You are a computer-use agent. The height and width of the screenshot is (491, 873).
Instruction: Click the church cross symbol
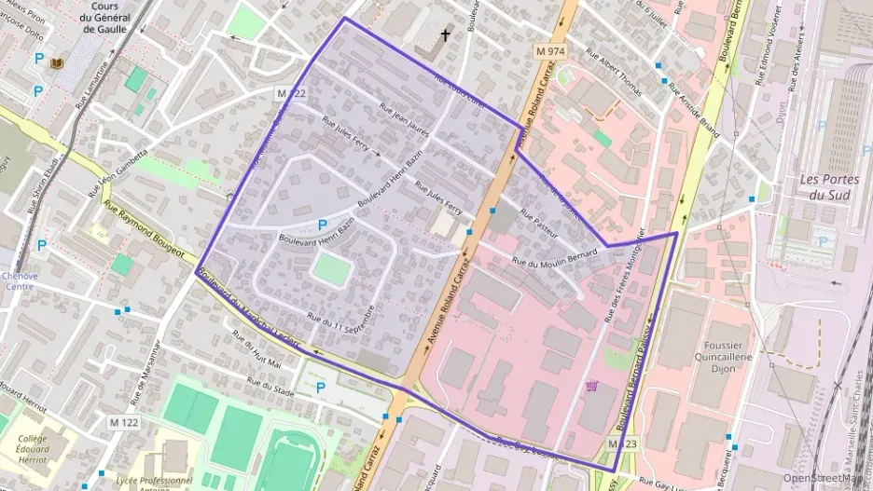(445, 36)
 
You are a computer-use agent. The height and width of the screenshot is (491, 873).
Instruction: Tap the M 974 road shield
(550, 48)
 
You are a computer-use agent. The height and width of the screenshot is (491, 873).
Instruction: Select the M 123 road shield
(623, 444)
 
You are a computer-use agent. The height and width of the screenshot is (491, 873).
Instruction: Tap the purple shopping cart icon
(591, 385)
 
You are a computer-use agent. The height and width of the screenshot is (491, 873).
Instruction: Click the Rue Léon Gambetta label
(118, 172)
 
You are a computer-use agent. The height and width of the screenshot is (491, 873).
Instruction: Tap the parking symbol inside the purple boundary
(322, 225)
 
